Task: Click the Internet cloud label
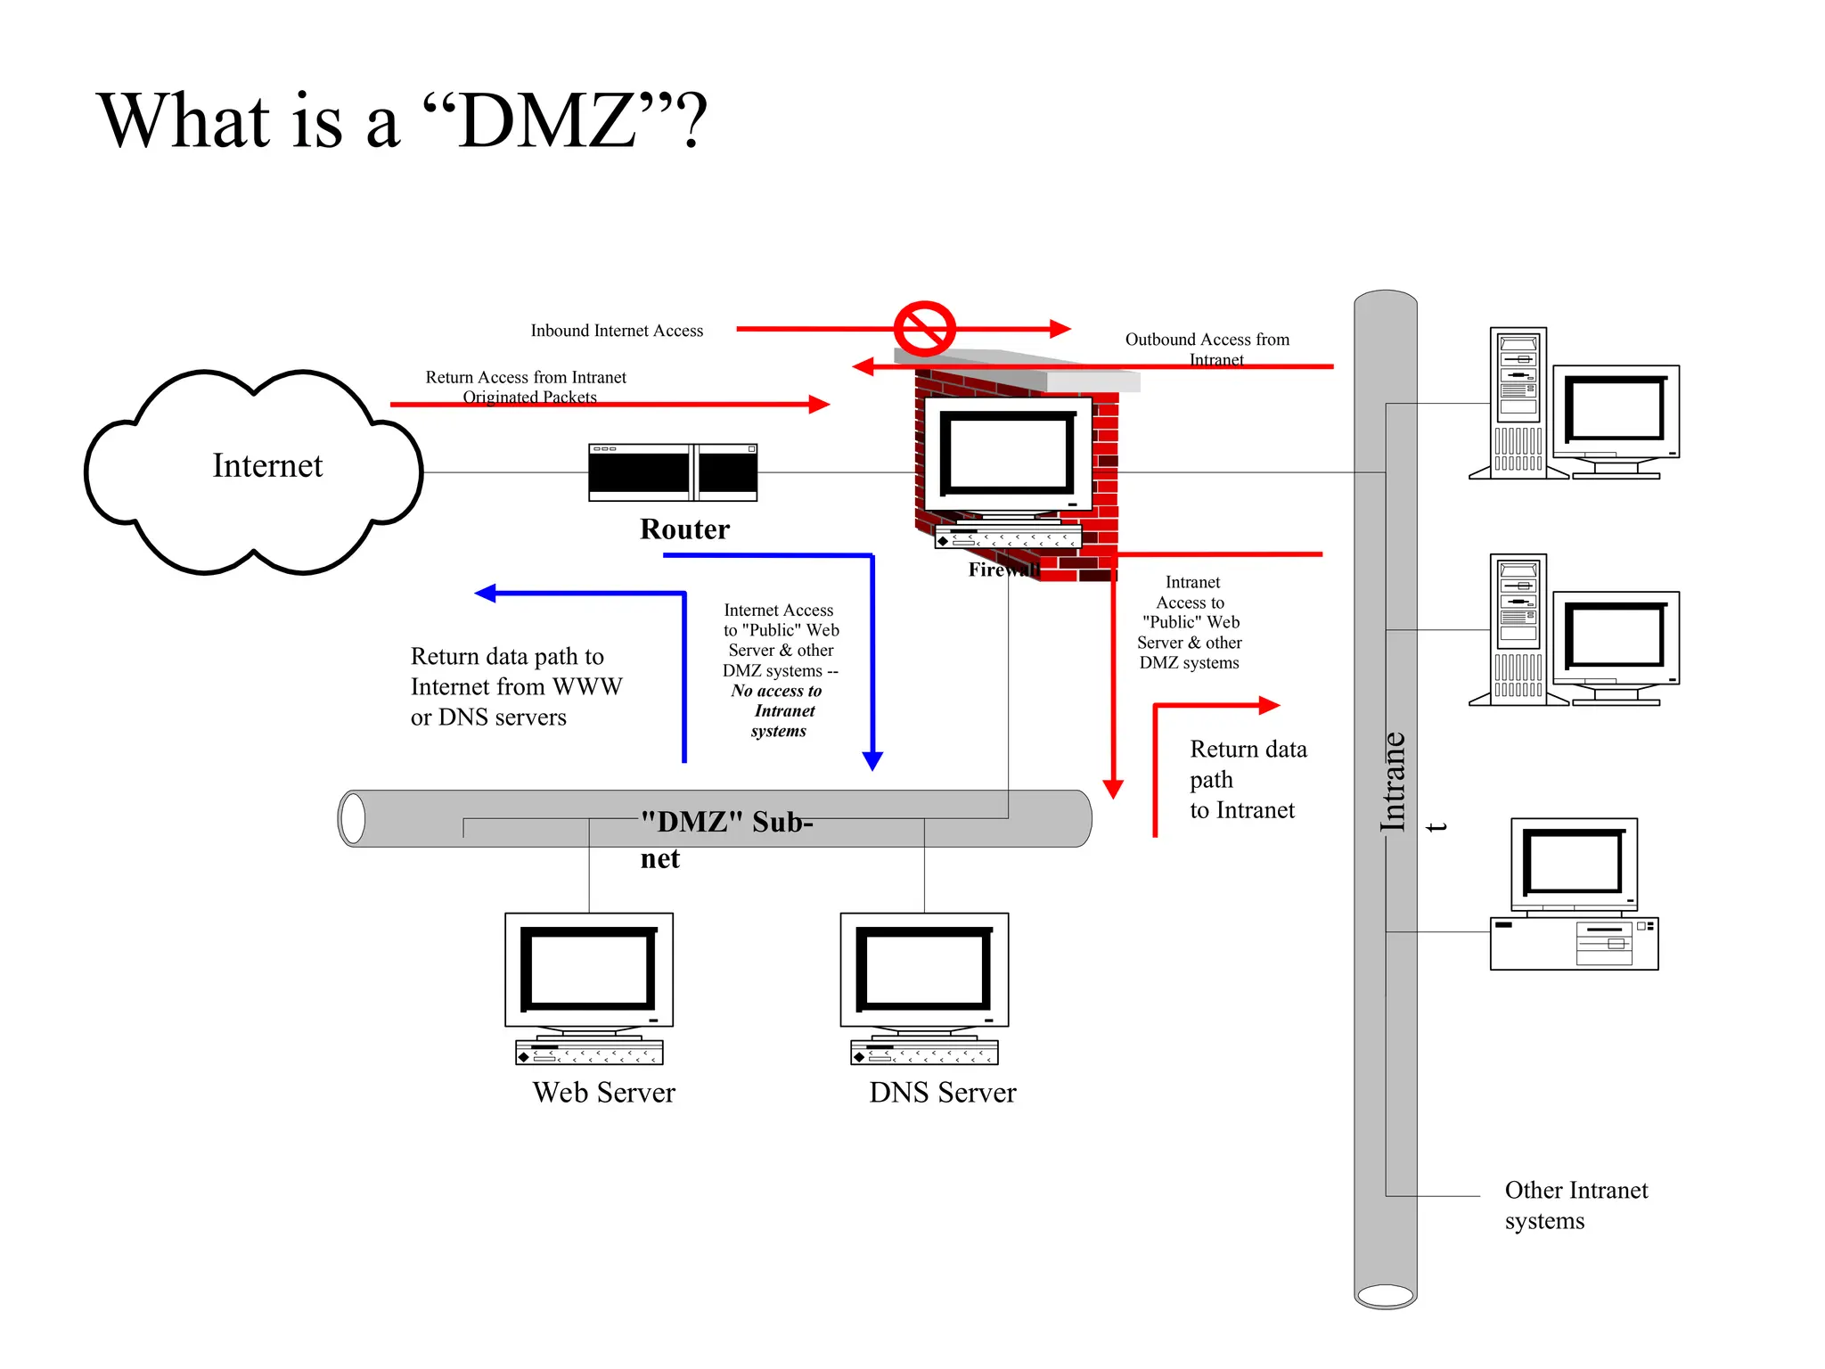(x=266, y=465)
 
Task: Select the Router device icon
(x=673, y=472)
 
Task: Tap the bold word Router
(x=684, y=529)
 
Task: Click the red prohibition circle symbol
(x=924, y=329)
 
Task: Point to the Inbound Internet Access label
(x=617, y=331)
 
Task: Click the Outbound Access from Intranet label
(x=1207, y=349)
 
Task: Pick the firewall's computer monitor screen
(x=1008, y=455)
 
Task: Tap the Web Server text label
(x=603, y=1093)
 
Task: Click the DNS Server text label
(x=942, y=1093)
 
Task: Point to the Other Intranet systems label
(x=1575, y=1205)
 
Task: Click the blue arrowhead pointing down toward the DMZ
(x=872, y=760)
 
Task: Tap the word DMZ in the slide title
(x=547, y=121)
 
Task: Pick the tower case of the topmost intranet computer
(x=1518, y=403)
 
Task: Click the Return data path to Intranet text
(x=1247, y=780)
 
